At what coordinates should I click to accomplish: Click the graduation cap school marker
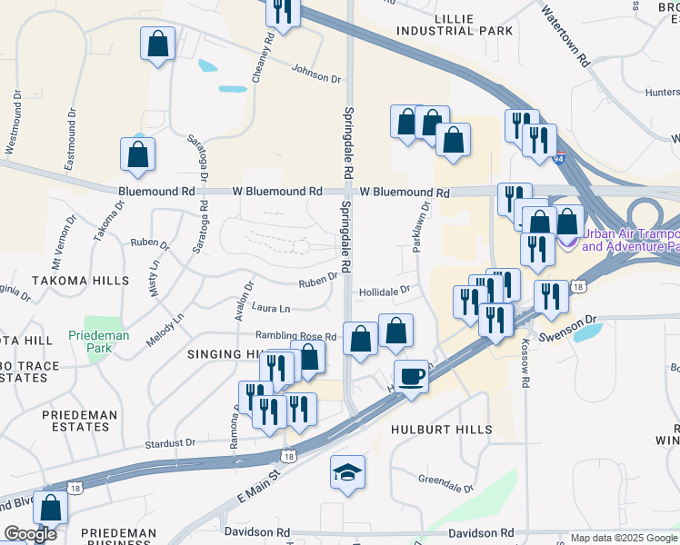click(x=346, y=473)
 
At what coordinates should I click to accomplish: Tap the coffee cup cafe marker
click(x=411, y=377)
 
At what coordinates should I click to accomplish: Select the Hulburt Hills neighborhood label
click(x=454, y=429)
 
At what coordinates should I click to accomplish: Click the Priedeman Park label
click(x=99, y=342)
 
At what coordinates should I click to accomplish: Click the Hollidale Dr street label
click(x=385, y=291)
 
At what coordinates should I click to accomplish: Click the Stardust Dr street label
click(x=170, y=443)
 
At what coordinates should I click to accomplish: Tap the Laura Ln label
click(x=272, y=309)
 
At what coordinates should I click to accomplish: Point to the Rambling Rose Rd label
click(x=295, y=336)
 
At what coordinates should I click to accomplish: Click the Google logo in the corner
click(x=29, y=534)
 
